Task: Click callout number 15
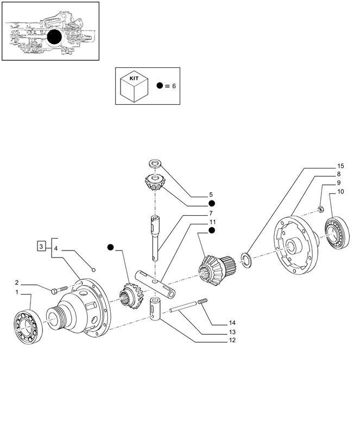point(340,165)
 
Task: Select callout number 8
point(338,174)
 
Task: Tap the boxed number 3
point(41,247)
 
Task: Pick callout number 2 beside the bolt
point(17,283)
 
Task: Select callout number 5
point(211,194)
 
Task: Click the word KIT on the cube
point(134,78)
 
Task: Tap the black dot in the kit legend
point(160,86)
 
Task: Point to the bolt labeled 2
point(59,289)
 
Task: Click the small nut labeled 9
point(321,209)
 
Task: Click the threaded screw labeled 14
point(203,302)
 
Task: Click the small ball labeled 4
point(93,268)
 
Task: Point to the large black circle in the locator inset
point(55,37)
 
